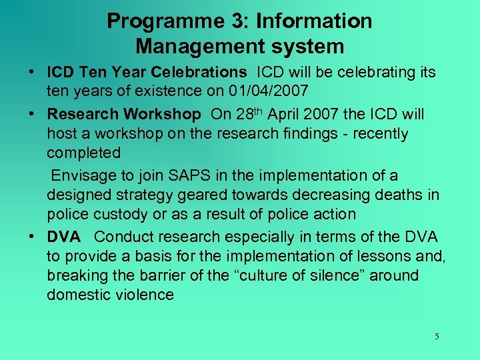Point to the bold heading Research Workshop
click(123, 114)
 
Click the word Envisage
click(84, 176)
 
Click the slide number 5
click(437, 337)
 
